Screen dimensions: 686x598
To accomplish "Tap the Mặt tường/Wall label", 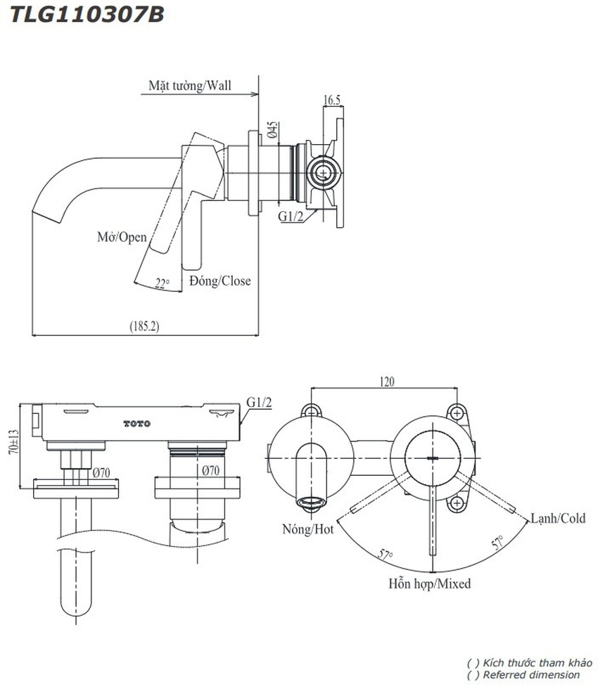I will point(189,86).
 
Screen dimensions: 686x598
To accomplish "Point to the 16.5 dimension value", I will point(332,100).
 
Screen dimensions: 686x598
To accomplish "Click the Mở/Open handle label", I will point(122,237).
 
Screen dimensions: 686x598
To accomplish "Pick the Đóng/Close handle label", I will point(220,280).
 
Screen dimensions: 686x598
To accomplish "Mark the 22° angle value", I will point(163,284).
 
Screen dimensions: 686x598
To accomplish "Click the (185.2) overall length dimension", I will point(144,326).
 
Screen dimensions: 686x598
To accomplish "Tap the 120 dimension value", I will point(387,382).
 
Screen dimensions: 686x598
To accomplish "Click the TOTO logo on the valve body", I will point(137,423).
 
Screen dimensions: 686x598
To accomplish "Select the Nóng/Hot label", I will point(307,529).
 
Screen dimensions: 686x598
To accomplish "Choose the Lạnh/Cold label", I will point(558,518).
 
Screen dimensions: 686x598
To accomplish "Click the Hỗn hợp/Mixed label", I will point(429,583).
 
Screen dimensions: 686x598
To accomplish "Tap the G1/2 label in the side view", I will point(291,217).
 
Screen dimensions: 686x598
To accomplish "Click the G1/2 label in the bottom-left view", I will point(259,402).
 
